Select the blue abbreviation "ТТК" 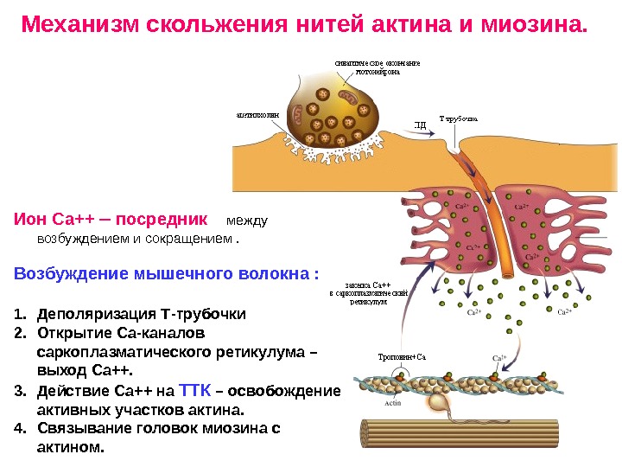(x=194, y=390)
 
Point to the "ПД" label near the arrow (x=421, y=125)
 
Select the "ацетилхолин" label (x=258, y=112)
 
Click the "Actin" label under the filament (x=393, y=402)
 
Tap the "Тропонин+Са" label (x=403, y=356)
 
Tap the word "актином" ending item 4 (x=72, y=447)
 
